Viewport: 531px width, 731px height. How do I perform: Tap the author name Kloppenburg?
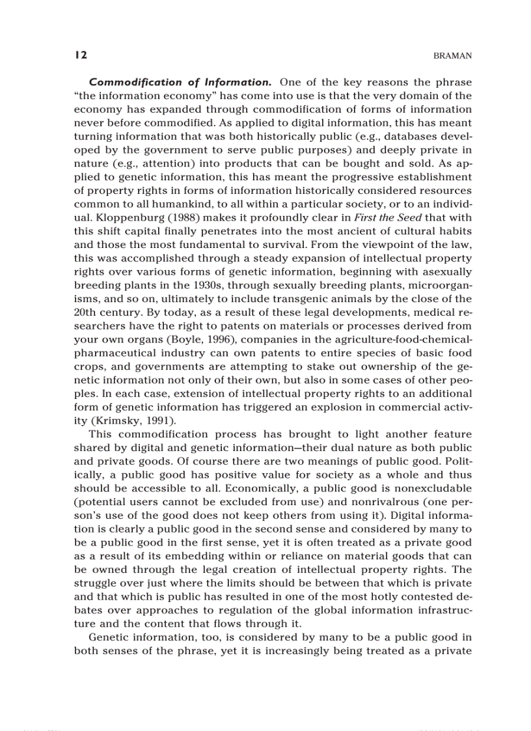click(x=124, y=218)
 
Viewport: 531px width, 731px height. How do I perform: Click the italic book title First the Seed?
click(x=351, y=218)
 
